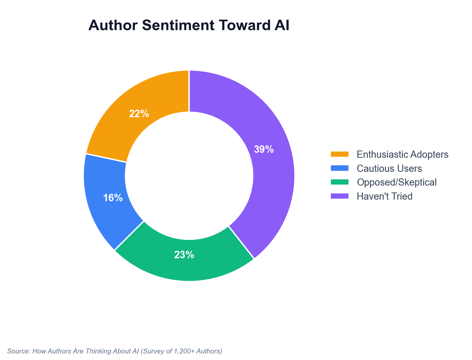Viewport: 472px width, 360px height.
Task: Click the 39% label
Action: pos(264,150)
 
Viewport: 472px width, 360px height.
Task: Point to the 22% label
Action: pos(139,114)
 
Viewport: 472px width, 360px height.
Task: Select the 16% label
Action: pos(113,198)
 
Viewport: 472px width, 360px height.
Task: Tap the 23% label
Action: pos(184,255)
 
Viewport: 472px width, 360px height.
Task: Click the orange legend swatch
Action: pos(340,154)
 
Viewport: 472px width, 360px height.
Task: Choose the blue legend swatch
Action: pos(340,168)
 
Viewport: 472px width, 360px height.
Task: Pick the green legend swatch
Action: pos(340,182)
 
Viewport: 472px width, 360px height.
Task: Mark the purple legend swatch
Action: pos(340,196)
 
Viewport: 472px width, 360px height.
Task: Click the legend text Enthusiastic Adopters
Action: pos(402,154)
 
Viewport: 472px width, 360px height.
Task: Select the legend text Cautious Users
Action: pos(389,168)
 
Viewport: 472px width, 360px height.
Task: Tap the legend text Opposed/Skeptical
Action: pos(396,182)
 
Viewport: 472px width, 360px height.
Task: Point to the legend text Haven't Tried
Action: pos(385,196)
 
